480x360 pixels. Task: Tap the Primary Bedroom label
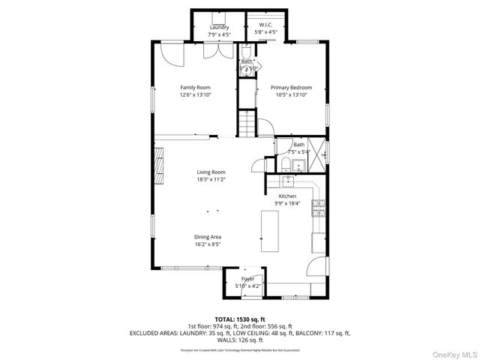tap(291, 88)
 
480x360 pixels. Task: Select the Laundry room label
tap(219, 28)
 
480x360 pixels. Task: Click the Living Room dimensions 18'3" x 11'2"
tap(211, 180)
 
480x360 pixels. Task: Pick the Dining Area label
tap(208, 237)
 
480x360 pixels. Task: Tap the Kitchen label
tap(289, 196)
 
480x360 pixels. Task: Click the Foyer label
tap(247, 279)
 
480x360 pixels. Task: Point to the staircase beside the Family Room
tap(247, 123)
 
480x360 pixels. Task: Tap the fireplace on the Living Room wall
tap(158, 166)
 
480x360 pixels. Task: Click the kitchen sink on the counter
tap(288, 181)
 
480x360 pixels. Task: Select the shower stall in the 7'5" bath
tap(318, 147)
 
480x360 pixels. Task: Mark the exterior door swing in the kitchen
tap(319, 265)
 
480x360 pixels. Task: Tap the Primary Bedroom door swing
tap(263, 128)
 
